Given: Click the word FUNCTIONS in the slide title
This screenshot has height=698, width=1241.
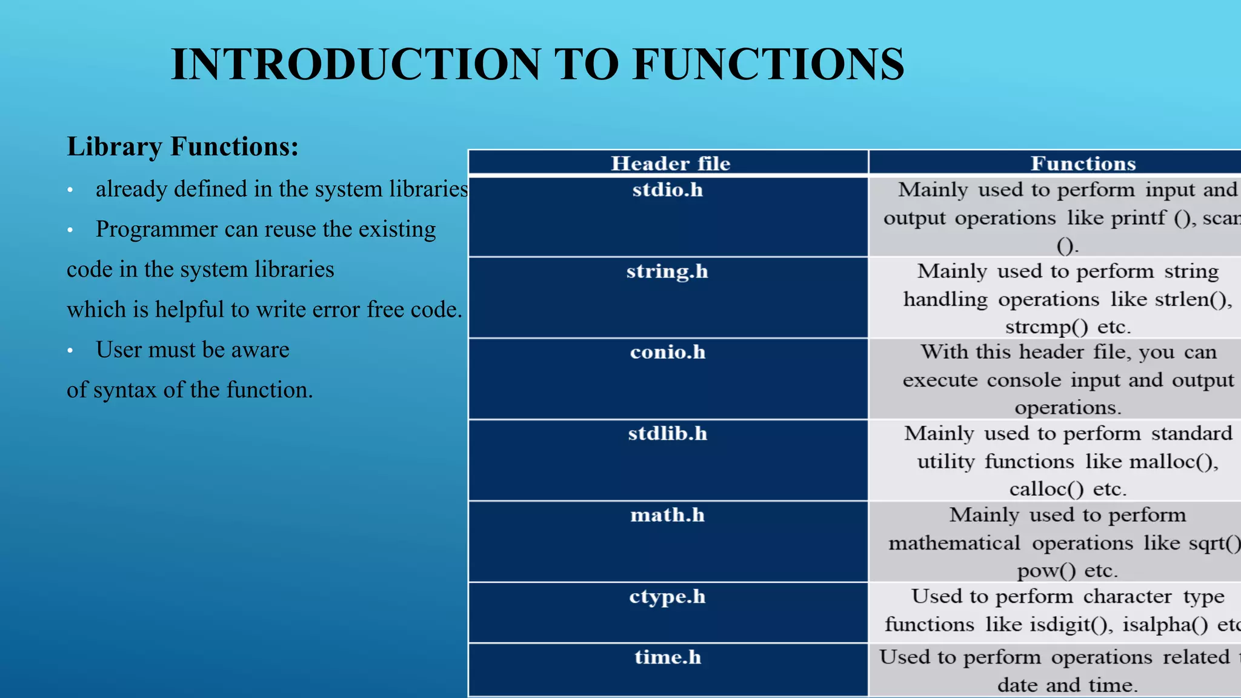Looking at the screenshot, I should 768,64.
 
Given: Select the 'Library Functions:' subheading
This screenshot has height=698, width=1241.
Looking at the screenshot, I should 182,147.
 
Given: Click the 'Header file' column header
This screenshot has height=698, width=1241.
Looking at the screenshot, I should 670,164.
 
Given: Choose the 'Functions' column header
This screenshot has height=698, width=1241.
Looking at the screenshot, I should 1083,164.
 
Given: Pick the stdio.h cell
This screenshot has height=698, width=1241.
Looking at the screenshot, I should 667,190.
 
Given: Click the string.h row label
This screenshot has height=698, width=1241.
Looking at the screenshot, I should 667,271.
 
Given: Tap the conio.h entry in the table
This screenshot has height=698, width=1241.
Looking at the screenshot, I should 667,352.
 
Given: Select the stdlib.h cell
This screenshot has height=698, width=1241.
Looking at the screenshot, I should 667,434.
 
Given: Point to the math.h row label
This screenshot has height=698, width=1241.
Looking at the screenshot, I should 667,515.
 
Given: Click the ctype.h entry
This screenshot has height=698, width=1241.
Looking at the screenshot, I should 667,597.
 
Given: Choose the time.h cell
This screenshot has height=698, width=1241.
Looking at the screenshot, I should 667,657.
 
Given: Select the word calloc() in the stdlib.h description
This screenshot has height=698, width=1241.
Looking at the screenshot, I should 1046,489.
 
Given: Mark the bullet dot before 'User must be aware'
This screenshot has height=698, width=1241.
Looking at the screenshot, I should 70,351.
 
